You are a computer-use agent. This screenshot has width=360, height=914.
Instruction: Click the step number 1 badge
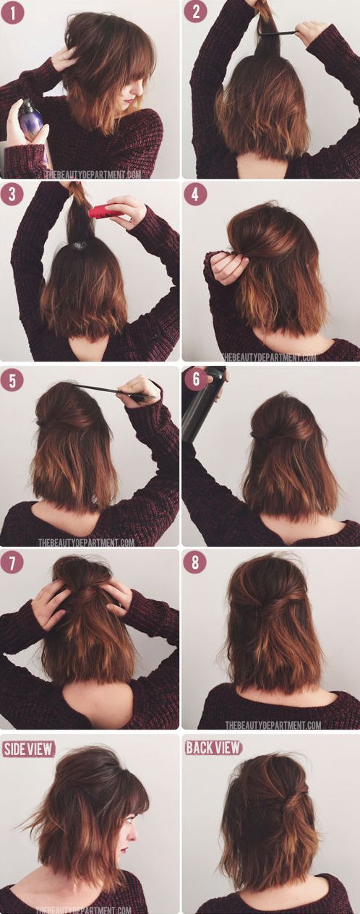click(x=12, y=12)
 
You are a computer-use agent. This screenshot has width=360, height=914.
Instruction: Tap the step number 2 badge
click(x=195, y=12)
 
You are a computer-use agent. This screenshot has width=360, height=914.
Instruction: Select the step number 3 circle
click(x=12, y=194)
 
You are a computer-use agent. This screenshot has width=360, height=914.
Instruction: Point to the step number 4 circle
click(x=195, y=195)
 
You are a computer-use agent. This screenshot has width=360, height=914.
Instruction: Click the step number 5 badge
click(x=12, y=380)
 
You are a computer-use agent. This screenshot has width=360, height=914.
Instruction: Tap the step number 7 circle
click(x=12, y=563)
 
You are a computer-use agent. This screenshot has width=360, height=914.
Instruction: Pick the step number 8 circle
click(x=195, y=563)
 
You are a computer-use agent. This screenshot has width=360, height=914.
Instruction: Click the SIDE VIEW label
click(x=28, y=748)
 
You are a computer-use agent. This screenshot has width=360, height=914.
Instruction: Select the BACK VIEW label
click(x=213, y=748)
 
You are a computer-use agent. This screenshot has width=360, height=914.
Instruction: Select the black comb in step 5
click(x=114, y=390)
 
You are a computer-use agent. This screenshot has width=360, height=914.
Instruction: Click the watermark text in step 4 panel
click(x=269, y=358)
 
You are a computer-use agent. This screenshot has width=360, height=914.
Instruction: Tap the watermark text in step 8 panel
click(x=273, y=725)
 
